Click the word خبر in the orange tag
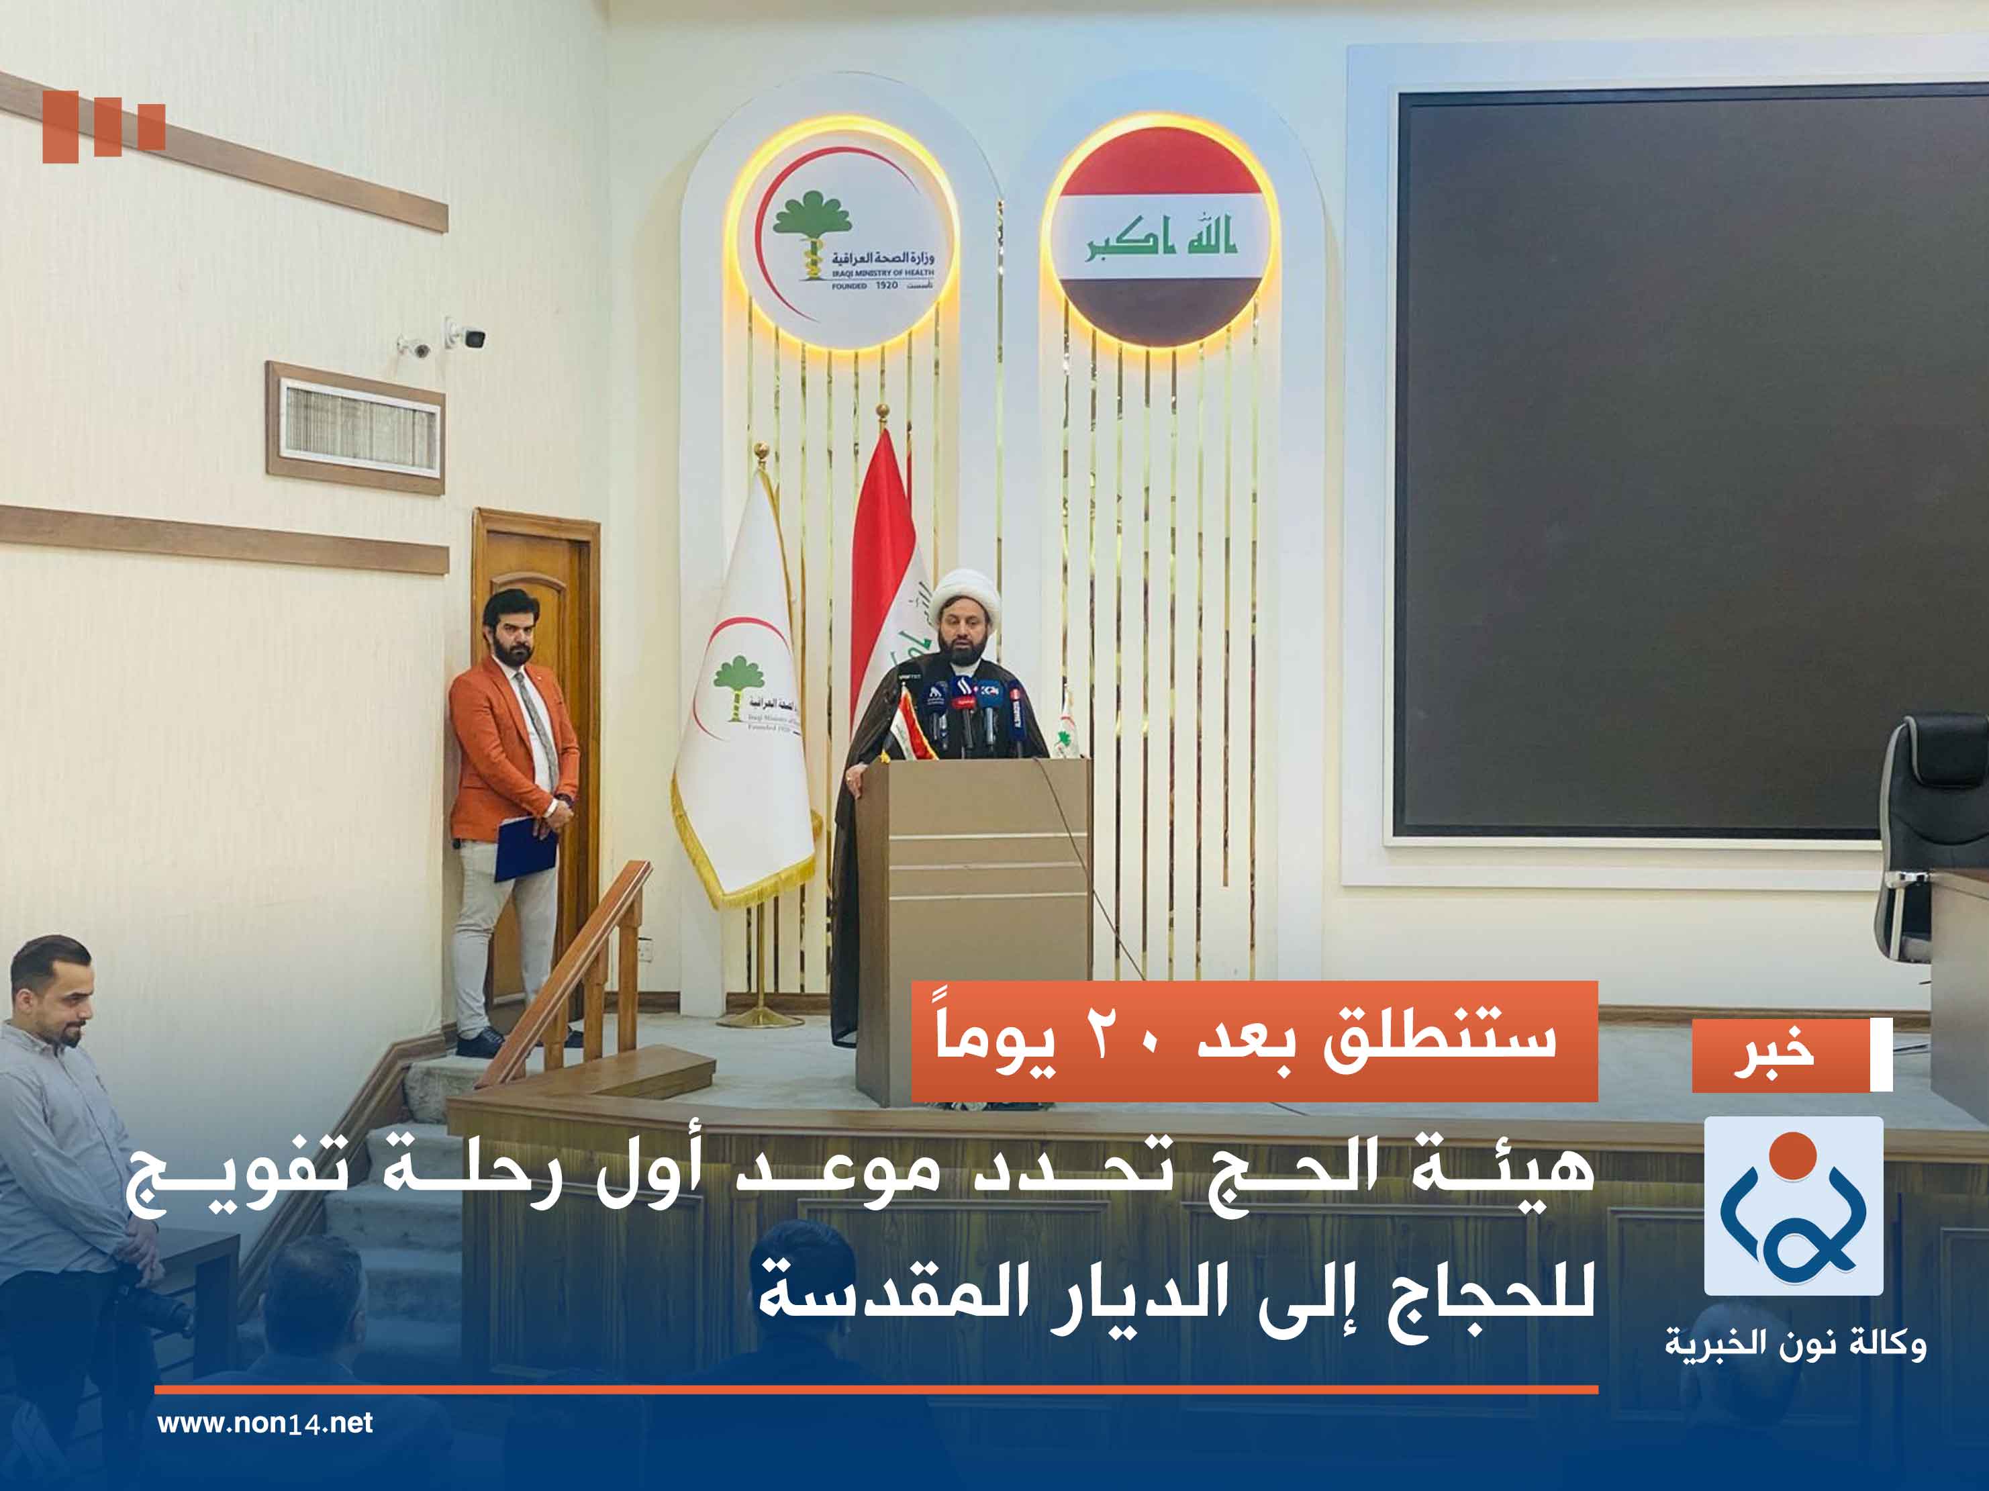tap(1774, 1055)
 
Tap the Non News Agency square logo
tap(1793, 1206)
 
